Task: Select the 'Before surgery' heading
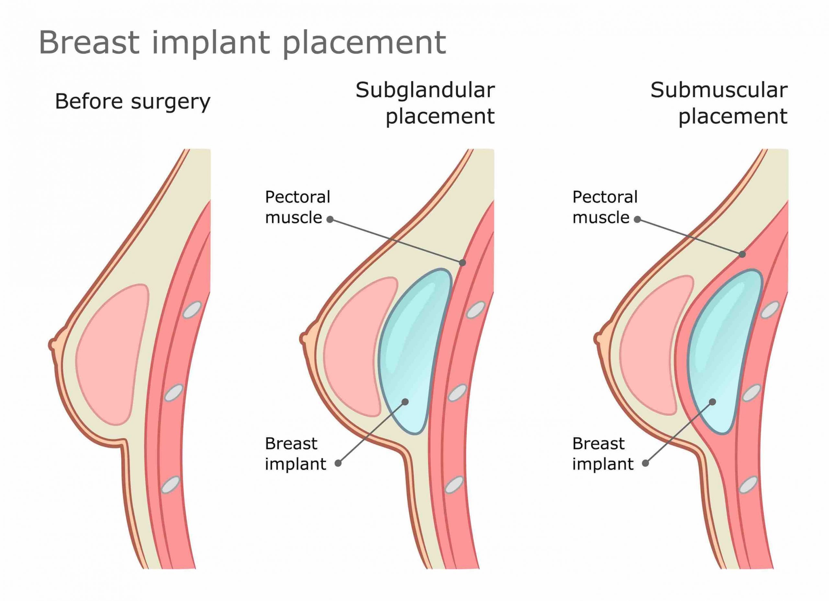133,102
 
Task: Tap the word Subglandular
425,91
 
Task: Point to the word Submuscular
719,90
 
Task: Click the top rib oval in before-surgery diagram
192,310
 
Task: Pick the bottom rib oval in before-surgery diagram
171,485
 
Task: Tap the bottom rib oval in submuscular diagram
749,485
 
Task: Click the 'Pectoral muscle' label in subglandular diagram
298,207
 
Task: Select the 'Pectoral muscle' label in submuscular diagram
605,207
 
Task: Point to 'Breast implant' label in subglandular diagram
295,454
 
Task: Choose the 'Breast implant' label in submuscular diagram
603,454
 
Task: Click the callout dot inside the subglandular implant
405,402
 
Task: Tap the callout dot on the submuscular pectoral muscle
742,254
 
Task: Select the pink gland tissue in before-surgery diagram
112,354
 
